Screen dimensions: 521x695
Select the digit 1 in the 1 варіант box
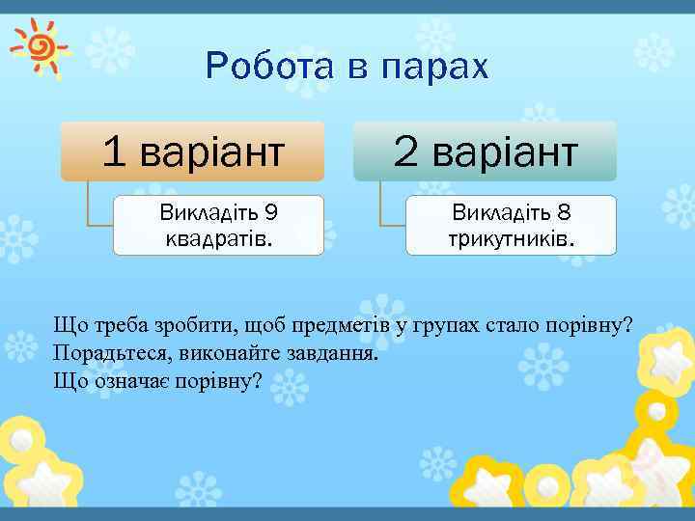tap(114, 151)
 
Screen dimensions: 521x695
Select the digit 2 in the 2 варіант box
tap(405, 151)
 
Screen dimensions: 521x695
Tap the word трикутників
tap(511, 236)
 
